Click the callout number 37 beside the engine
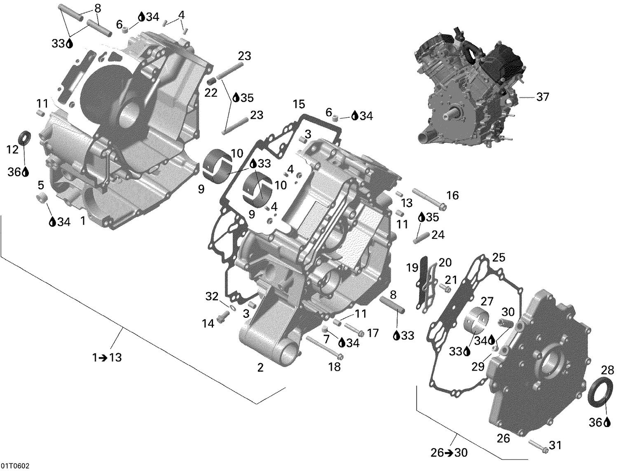(543, 97)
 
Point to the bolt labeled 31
(537, 446)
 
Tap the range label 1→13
(107, 357)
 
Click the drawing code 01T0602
(15, 466)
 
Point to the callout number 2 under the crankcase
(260, 367)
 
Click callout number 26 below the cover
(503, 438)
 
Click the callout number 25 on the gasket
(498, 258)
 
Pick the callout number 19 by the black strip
(412, 268)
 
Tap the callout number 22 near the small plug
(211, 93)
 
